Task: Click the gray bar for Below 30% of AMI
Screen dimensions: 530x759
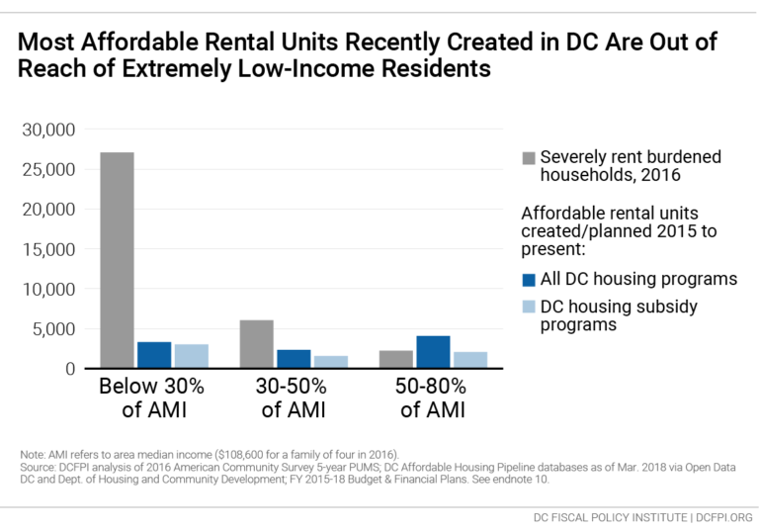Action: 117,260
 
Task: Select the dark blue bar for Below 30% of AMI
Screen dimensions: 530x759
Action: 154,355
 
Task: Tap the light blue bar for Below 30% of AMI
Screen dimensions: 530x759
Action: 191,356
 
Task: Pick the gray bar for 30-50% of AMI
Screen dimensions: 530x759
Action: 256,344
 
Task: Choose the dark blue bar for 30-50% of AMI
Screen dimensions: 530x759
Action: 294,359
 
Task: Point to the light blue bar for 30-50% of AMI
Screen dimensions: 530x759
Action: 330,362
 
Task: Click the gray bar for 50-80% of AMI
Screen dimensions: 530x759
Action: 395,359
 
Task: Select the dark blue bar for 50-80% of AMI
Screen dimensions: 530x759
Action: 433,352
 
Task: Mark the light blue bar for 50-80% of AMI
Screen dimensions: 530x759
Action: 469,360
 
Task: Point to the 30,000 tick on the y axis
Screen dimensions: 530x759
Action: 49,130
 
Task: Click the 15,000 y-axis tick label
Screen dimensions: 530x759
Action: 49,249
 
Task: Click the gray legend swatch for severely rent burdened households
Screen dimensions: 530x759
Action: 528,157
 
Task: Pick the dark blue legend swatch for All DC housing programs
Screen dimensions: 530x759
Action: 528,280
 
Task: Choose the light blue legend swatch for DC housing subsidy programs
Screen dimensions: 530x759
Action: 528,308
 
